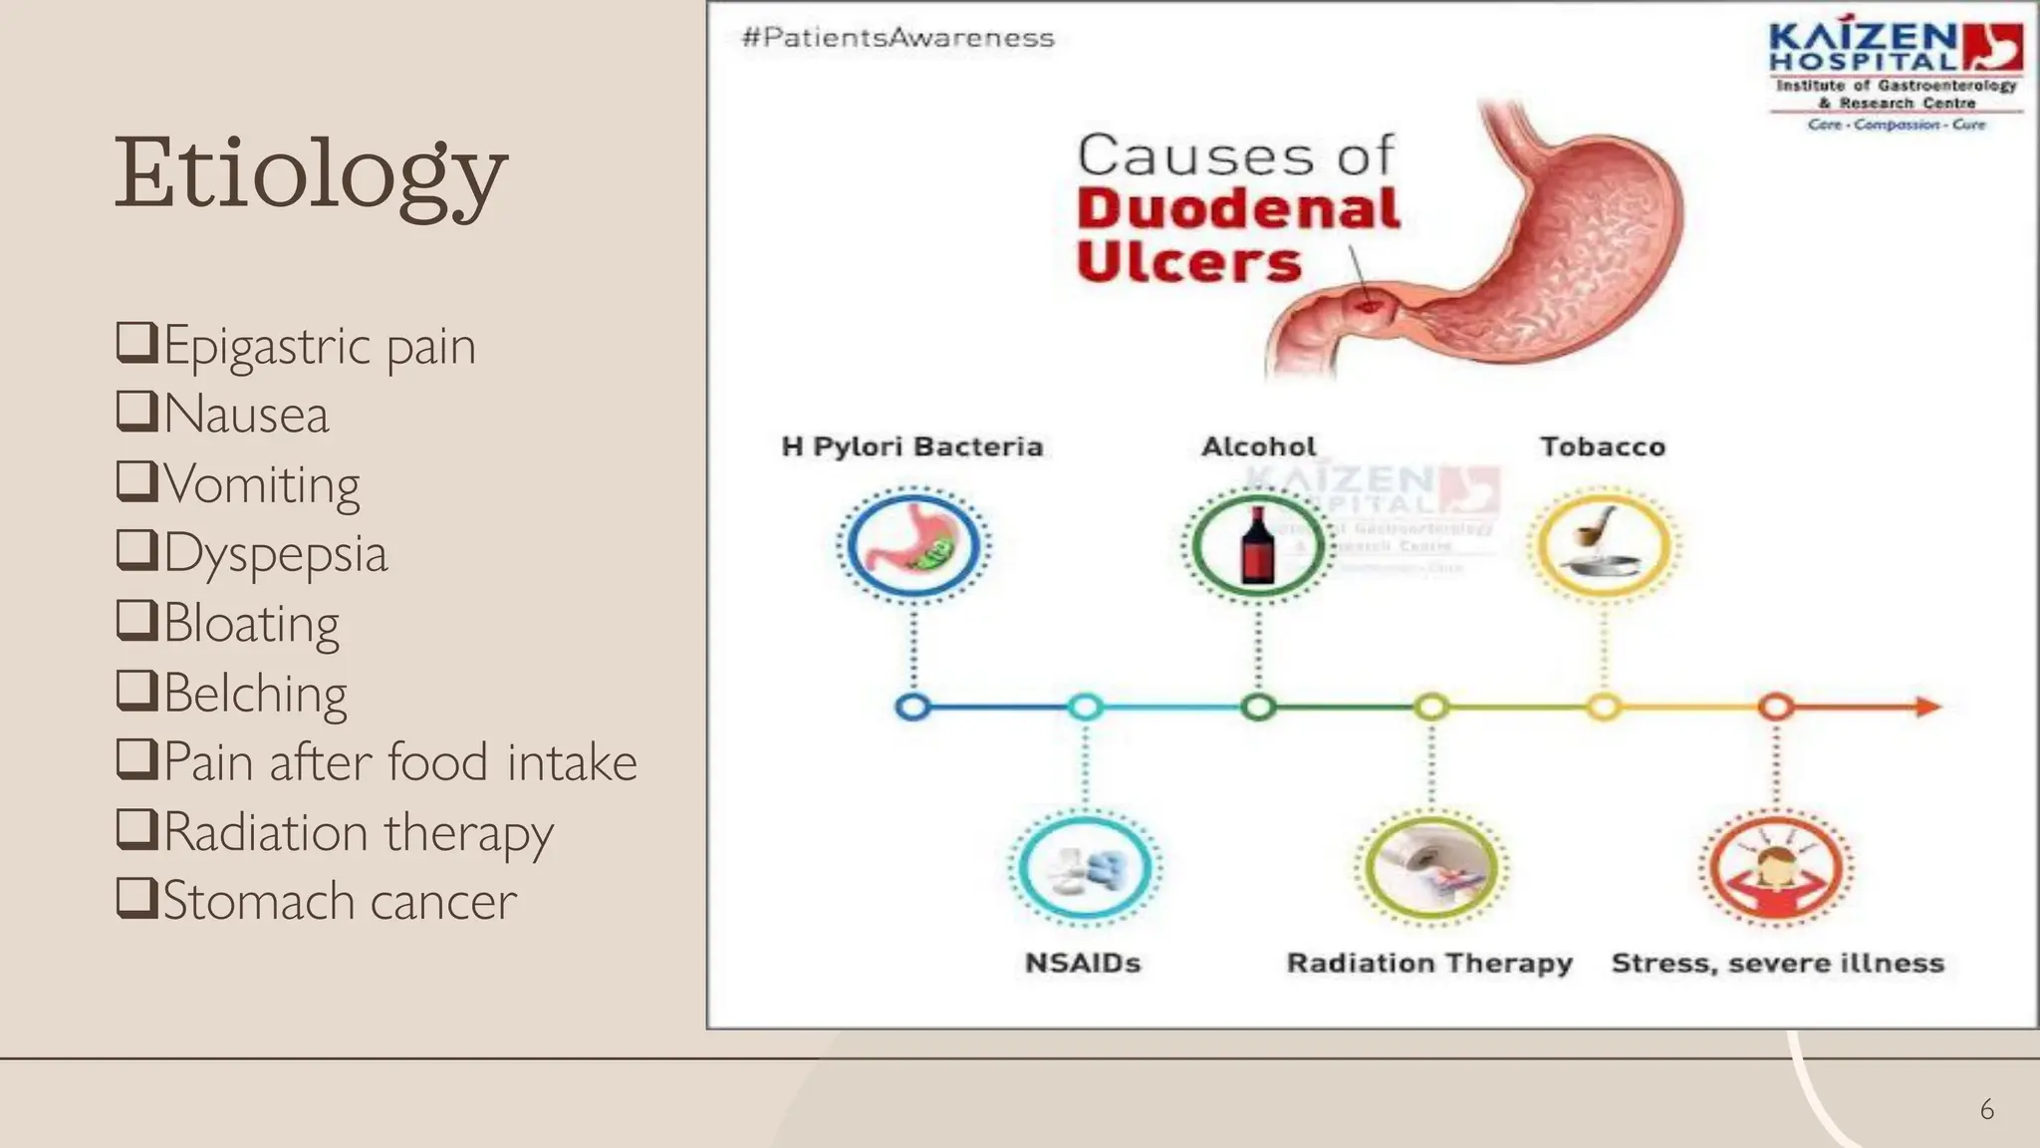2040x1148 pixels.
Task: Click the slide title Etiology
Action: coord(311,175)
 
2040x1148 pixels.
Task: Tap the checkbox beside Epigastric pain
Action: coord(136,342)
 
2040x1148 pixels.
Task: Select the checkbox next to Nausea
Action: coord(136,411)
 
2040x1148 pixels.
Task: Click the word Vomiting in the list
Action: coord(261,485)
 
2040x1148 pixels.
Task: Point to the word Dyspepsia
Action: coord(275,554)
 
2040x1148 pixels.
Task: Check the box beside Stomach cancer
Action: coord(136,897)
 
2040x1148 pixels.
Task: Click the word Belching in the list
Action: coord(255,694)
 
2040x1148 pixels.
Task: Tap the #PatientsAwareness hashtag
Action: coord(897,38)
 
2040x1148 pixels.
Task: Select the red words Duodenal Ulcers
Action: coord(1238,235)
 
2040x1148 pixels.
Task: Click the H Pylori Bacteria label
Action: coord(912,446)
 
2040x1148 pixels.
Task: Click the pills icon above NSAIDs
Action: coord(1085,869)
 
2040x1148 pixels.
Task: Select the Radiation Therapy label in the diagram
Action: coord(1429,963)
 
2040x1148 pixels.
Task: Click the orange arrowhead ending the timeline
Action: coord(1928,707)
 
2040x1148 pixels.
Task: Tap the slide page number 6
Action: coord(1986,1109)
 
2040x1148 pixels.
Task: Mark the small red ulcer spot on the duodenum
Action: coord(1368,304)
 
